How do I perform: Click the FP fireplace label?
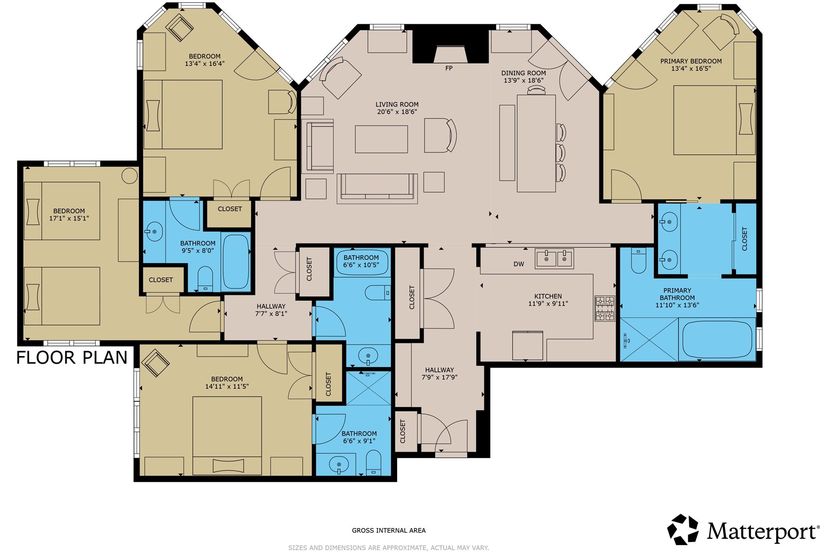pos(449,68)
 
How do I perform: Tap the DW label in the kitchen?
pos(519,264)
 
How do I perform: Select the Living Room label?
pos(397,105)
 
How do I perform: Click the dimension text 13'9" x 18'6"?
pos(523,80)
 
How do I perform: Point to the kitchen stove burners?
pos(605,308)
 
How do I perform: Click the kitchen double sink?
pos(554,259)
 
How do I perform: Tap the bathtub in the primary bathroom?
pos(717,339)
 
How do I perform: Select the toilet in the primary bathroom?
pos(638,260)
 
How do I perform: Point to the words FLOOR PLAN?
pos(72,357)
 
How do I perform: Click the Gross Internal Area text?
pos(389,530)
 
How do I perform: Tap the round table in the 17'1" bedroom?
pos(129,176)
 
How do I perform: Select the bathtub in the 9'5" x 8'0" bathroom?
pos(236,262)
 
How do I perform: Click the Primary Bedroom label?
pos(691,61)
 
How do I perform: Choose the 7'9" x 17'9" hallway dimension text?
pos(439,377)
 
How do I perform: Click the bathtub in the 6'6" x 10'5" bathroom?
pos(361,263)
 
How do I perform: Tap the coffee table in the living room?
pos(381,139)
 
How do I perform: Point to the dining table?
pos(536,143)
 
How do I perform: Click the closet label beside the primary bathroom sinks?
pos(744,239)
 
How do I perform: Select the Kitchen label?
pos(548,296)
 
